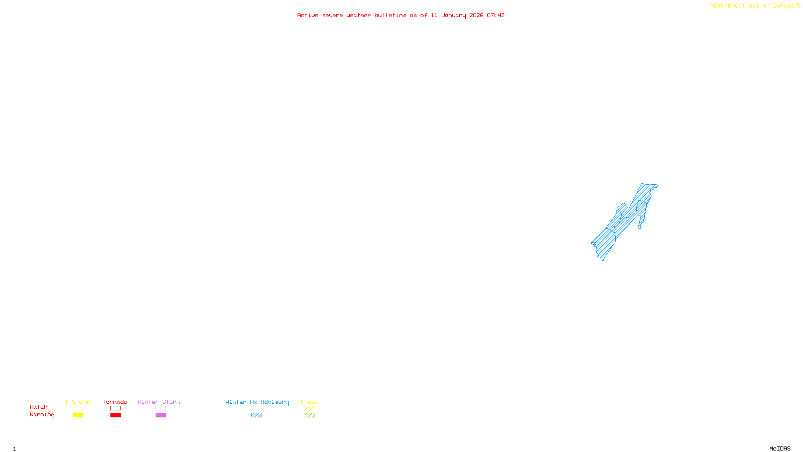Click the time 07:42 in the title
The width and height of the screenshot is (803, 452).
(x=495, y=15)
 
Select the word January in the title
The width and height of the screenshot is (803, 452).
(x=453, y=15)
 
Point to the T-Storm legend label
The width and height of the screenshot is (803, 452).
(x=77, y=402)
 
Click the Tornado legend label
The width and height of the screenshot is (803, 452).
(x=115, y=402)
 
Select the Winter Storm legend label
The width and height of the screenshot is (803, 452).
(x=159, y=402)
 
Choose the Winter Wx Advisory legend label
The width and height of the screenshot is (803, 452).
(x=257, y=402)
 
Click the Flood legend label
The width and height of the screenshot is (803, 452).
(x=310, y=402)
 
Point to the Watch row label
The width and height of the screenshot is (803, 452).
(x=39, y=407)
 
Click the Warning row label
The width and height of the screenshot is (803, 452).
(x=42, y=415)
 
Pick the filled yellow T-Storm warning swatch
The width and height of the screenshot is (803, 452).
(x=78, y=415)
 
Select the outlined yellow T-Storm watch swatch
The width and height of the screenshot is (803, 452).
(x=78, y=408)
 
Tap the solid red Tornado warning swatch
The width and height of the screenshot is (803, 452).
(x=115, y=415)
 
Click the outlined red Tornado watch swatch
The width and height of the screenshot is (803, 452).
(x=115, y=408)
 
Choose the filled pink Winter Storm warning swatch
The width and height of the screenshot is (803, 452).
(x=161, y=415)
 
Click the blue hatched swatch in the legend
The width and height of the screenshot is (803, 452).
(x=256, y=415)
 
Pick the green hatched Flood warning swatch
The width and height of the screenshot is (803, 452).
(x=310, y=415)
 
